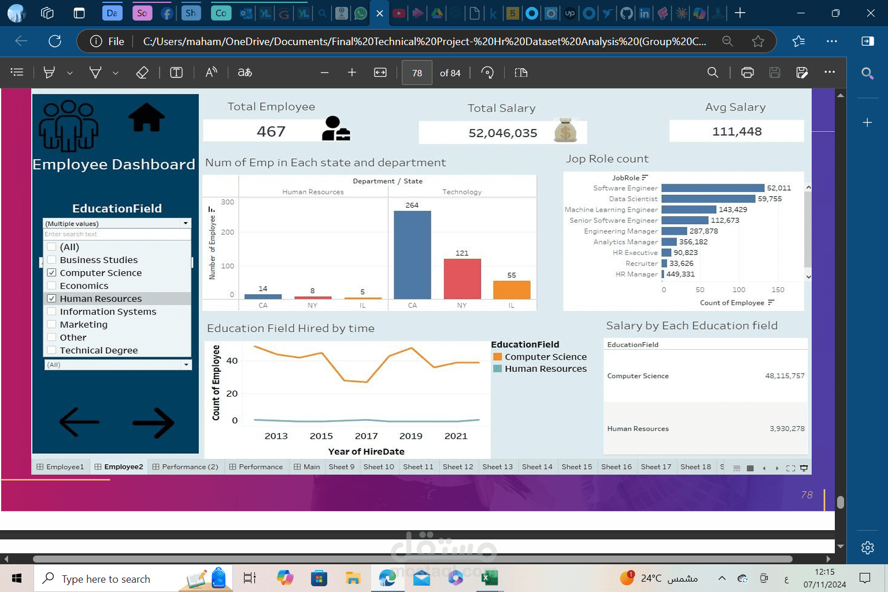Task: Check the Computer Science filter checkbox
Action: [x=51, y=273]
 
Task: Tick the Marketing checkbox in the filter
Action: [x=51, y=324]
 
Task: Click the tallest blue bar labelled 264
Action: [x=412, y=254]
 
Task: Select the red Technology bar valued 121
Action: [x=462, y=279]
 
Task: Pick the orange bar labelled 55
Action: [x=512, y=290]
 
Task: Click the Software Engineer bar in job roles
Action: [x=712, y=188]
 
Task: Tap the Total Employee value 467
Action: [x=271, y=132]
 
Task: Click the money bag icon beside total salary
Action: [x=565, y=131]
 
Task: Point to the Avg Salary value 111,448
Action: [x=737, y=132]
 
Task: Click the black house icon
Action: [x=146, y=117]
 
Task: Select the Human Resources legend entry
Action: [x=545, y=369]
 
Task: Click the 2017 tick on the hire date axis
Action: [x=366, y=436]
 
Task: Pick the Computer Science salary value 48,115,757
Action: [x=785, y=376]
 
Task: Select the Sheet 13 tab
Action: [x=497, y=467]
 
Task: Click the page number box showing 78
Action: [x=417, y=73]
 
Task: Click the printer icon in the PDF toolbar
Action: [x=747, y=72]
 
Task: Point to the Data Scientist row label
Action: [x=633, y=199]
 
